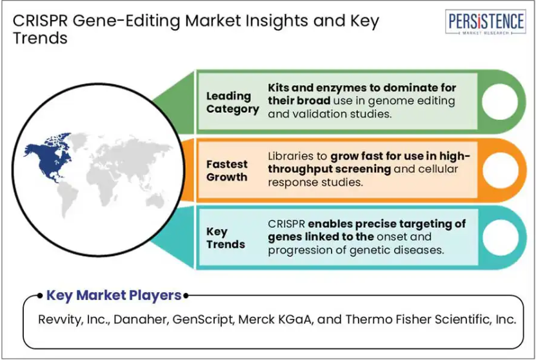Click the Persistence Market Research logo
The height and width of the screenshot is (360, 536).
pyautogui.click(x=486, y=22)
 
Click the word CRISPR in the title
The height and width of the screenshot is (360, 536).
pyautogui.click(x=40, y=21)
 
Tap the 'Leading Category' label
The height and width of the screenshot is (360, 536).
pyautogui.click(x=232, y=102)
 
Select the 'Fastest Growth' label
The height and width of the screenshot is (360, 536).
pyautogui.click(x=226, y=170)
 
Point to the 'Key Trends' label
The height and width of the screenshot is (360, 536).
pyautogui.click(x=226, y=237)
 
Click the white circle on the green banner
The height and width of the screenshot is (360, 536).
pyautogui.click(x=500, y=101)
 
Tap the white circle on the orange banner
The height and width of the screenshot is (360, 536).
pyautogui.click(x=500, y=170)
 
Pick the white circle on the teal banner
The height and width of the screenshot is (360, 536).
pyautogui.click(x=500, y=237)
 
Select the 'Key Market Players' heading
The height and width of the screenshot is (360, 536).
pyautogui.click(x=114, y=295)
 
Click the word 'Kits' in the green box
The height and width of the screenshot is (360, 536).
pyautogui.click(x=278, y=88)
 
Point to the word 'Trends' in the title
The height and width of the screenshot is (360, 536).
pyautogui.click(x=40, y=37)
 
